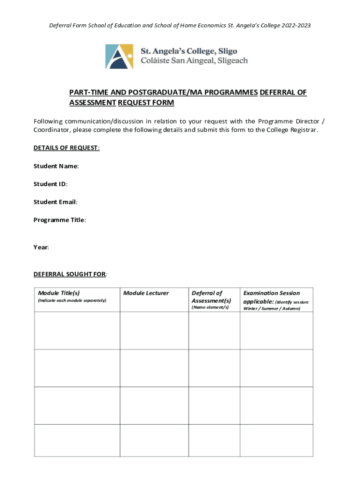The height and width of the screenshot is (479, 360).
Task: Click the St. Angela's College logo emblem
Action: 119,56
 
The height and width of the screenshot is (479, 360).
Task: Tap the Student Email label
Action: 55,202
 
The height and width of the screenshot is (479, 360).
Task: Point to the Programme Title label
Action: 59,219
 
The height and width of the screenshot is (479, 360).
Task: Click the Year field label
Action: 41,247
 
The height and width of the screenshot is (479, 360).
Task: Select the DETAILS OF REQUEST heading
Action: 66,148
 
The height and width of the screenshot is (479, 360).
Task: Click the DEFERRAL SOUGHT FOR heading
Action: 70,274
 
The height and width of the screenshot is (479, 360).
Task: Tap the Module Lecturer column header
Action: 146,293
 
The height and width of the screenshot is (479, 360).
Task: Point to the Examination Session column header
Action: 272,293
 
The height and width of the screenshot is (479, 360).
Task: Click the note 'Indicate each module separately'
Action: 72,300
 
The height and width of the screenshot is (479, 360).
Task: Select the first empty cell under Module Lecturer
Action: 154,330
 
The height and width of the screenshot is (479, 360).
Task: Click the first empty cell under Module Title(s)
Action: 77,330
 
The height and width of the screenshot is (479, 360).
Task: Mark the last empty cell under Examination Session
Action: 276,440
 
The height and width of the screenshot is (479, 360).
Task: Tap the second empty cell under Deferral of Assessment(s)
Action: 214,368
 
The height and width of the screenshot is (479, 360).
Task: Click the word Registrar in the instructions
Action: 303,130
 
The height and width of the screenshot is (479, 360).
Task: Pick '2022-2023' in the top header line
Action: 295,25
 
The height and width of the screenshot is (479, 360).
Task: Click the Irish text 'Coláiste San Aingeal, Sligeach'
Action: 194,60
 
